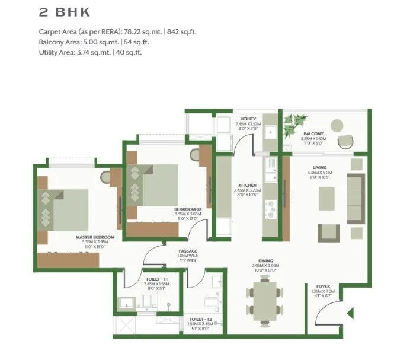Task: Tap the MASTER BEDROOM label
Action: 94,237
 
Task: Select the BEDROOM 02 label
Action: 188,209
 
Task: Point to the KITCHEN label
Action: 246,185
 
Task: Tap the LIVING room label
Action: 321,168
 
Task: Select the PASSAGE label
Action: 188,251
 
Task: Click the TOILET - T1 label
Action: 156,278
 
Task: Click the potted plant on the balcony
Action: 293,125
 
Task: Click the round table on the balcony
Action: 337,125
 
